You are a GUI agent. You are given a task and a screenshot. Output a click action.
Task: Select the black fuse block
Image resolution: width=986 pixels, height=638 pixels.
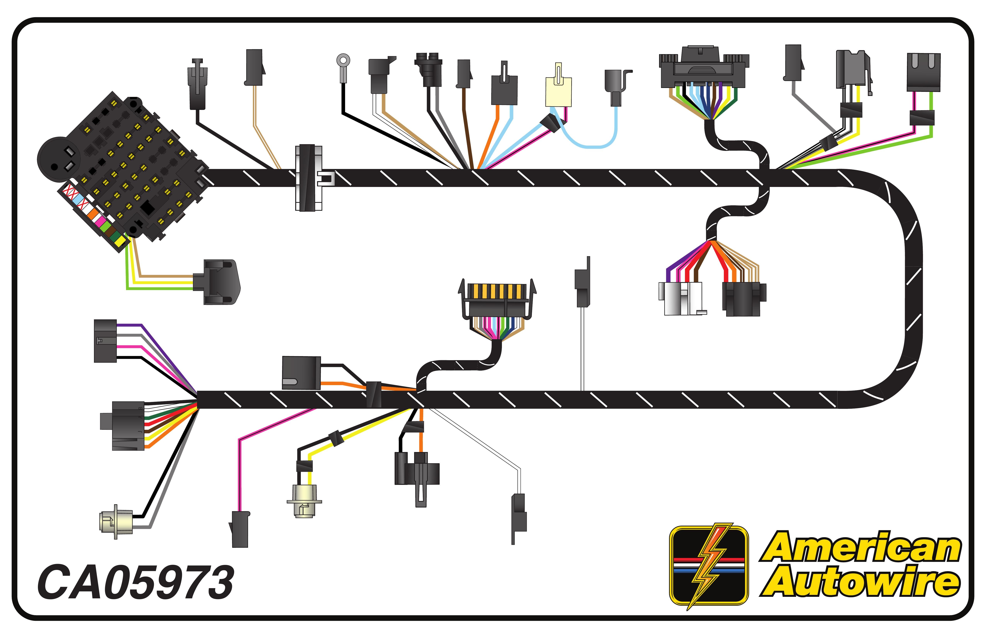point(137,166)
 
